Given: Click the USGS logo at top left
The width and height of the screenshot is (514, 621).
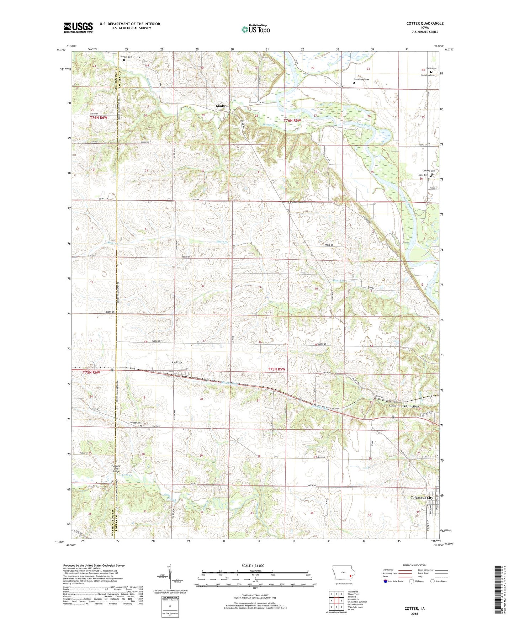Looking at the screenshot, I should point(78,27).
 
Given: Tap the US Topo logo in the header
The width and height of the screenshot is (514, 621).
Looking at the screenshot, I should point(255,29).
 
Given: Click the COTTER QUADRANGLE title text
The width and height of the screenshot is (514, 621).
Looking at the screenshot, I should point(425,23).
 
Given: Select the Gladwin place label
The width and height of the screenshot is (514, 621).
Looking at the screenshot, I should point(222,106).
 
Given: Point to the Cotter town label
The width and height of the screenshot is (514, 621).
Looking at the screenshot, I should point(177,362).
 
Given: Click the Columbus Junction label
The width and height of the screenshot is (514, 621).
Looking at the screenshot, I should point(404,406).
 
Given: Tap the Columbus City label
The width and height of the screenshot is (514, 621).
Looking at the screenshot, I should point(422,498).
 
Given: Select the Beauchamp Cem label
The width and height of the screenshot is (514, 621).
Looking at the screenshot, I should point(361,79).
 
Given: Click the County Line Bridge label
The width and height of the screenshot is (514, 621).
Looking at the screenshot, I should point(116,468).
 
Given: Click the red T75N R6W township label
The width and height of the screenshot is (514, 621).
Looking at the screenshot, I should point(91,372).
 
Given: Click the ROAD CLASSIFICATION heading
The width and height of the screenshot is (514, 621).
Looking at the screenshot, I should point(414,565).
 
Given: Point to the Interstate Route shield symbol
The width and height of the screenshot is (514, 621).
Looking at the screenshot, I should point(386,581).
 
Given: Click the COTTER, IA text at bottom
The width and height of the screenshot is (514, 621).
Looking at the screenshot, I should point(414,609).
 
